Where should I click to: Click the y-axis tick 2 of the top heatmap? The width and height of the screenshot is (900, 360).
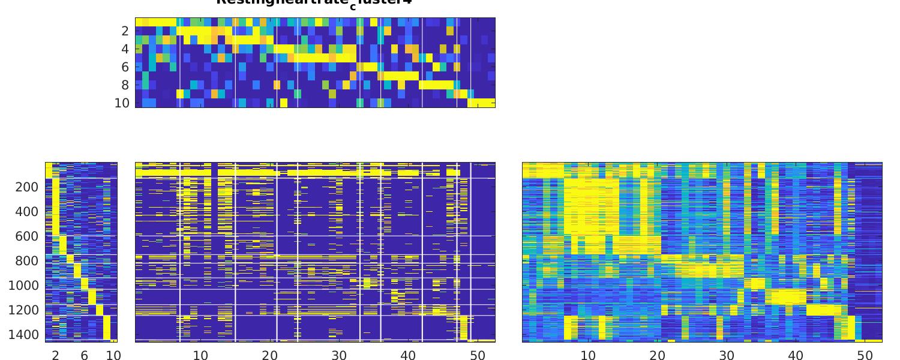pos(125,31)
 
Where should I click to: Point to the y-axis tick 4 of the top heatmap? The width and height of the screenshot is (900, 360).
pos(125,49)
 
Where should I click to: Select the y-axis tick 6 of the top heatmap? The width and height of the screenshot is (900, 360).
pos(125,67)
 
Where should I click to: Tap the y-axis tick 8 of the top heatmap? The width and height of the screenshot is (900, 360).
pos(125,85)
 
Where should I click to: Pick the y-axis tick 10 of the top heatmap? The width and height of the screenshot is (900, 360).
pos(122,103)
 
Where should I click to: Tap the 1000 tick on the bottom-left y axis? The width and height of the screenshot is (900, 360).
pos(23,286)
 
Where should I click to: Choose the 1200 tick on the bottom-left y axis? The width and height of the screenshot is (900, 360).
pos(23,310)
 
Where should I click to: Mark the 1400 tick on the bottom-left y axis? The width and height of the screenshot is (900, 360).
pos(23,335)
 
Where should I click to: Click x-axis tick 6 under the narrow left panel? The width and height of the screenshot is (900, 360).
pos(85,355)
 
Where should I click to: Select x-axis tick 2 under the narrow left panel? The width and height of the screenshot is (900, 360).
pos(56,355)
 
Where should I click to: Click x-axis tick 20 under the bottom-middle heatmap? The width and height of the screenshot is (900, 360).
pos(270,355)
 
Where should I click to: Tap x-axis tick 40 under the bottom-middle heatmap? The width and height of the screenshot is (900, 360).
pos(409,355)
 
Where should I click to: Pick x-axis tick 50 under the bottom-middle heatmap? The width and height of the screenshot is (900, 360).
pos(478,355)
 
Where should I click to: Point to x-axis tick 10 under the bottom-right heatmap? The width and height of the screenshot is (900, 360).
pos(588,355)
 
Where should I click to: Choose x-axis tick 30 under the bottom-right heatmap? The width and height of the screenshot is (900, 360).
pos(727,355)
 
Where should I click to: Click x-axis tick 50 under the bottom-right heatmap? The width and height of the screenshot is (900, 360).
pos(865,355)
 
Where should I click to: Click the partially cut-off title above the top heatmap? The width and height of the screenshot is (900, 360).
pos(314,2)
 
